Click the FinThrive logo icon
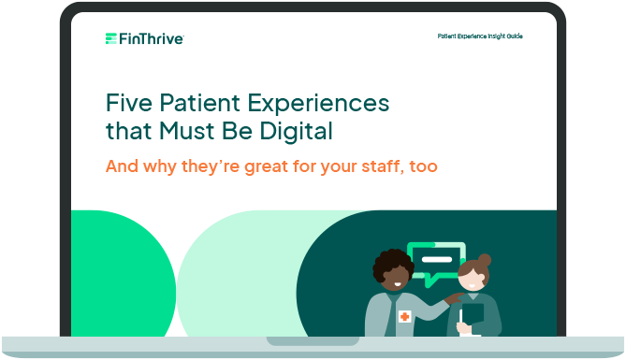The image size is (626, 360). pos(111,38)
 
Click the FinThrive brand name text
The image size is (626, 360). pos(151,38)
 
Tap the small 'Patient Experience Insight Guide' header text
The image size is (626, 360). pos(480,36)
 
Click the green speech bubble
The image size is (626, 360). pos(437,263)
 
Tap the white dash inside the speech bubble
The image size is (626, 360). pos(436,259)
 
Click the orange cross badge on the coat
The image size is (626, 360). pos(404,317)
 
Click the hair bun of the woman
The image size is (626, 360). pos(486,257)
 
